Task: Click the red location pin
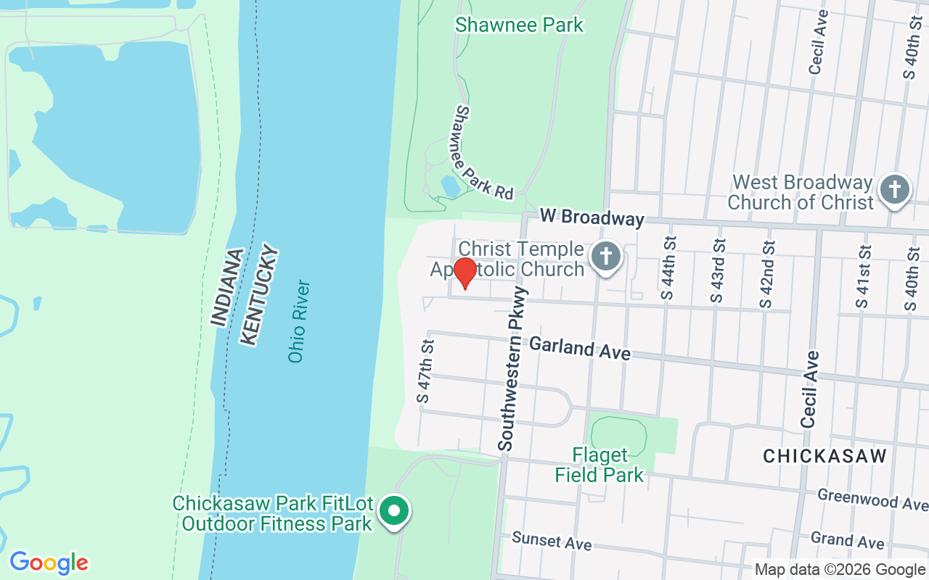[464, 273]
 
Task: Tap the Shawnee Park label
[519, 25]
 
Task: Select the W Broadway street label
[592, 217]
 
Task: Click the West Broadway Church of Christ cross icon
[895, 190]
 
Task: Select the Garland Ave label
[579, 348]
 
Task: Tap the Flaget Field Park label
[599, 465]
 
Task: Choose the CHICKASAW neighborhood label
[825, 456]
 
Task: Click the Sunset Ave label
[552, 540]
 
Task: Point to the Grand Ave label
[847, 540]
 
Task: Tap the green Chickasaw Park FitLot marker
[394, 511]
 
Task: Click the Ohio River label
[299, 321]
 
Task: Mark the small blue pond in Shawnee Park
[450, 186]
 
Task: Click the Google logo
[49, 563]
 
